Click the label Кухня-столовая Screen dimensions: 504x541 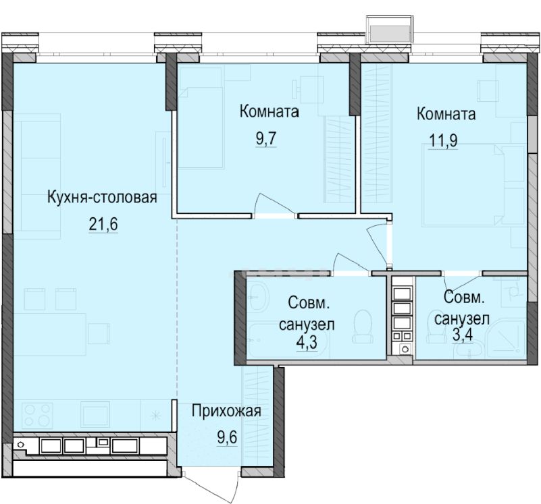tap(102, 198)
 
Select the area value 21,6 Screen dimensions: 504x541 tap(103, 225)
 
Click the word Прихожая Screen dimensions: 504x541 tap(226, 412)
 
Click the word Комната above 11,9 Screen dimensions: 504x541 tap(446, 114)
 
